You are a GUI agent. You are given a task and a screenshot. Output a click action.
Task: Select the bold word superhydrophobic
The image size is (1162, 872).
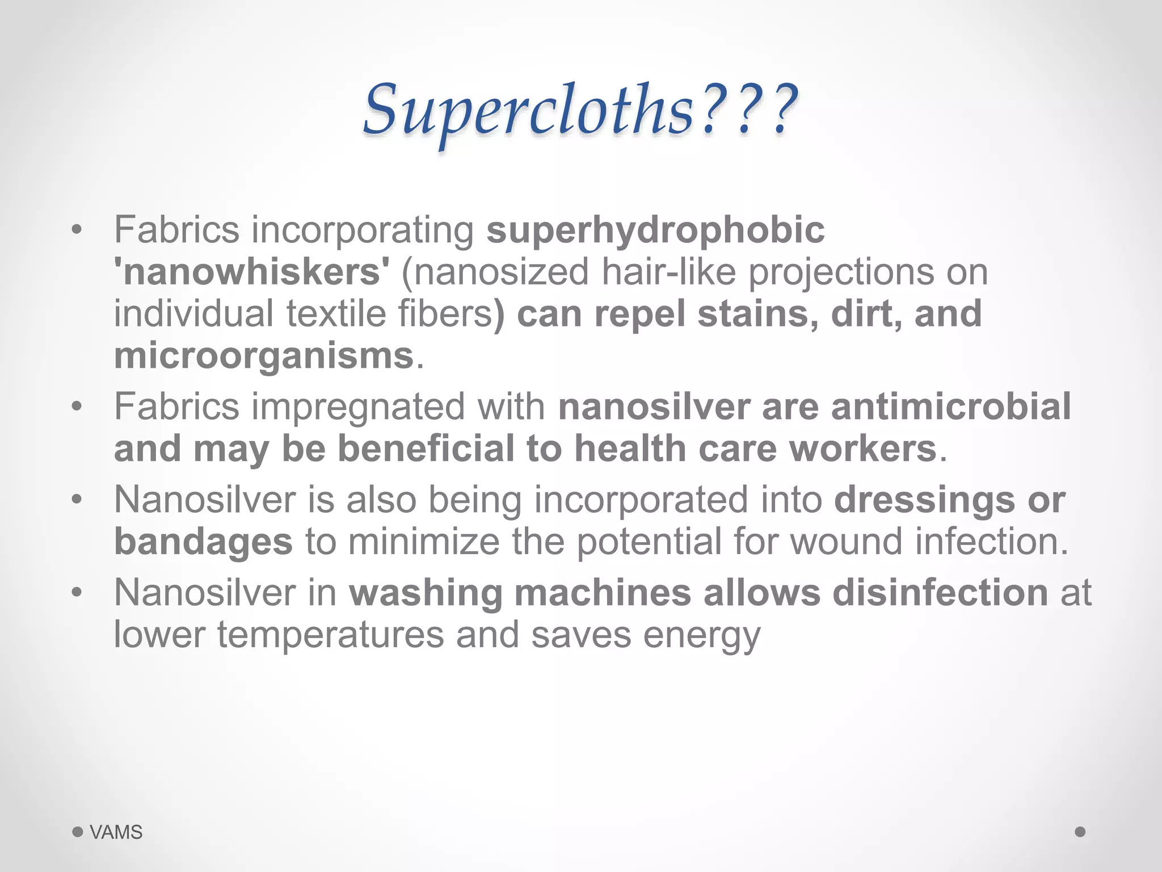(x=655, y=230)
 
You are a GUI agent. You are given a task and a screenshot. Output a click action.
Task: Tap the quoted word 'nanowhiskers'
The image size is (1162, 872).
(x=252, y=272)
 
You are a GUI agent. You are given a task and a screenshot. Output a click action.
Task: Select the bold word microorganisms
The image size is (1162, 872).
(x=264, y=356)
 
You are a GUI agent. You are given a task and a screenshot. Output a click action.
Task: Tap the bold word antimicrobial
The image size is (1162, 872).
(x=950, y=407)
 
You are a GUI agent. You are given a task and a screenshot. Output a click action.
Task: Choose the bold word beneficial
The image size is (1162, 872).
(x=426, y=448)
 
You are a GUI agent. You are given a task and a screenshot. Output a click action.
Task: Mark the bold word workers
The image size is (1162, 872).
(x=862, y=448)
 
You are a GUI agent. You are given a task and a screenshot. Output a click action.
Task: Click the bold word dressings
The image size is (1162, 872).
(x=925, y=500)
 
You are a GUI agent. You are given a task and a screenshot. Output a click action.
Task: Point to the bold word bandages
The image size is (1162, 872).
(x=203, y=542)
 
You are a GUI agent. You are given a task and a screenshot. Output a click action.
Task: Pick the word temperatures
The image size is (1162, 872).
(x=330, y=635)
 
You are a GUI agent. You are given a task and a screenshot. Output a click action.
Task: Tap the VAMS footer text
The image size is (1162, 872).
(x=116, y=832)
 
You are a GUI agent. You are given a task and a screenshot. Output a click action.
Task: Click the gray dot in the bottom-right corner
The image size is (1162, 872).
(x=1080, y=832)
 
